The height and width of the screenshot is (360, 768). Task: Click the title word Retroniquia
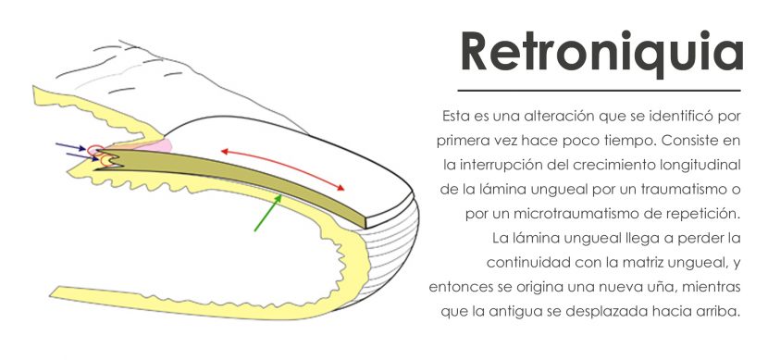[x=602, y=53]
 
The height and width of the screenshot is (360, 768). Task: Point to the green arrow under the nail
[x=268, y=213]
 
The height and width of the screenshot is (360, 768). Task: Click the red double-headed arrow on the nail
[x=282, y=169]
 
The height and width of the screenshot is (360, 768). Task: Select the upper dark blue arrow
[x=71, y=146]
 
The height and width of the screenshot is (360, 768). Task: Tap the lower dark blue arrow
[x=82, y=156]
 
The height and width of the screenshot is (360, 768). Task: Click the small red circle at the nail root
[x=95, y=149]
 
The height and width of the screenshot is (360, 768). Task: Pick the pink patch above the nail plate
[x=160, y=145]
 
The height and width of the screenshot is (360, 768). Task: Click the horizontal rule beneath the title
[x=599, y=91]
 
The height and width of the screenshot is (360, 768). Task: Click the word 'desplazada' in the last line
[x=620, y=312]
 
